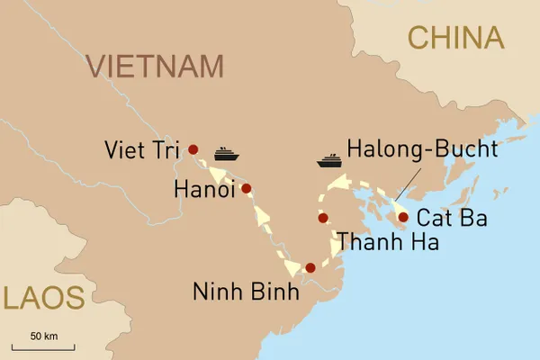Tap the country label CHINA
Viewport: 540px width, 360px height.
coord(454,37)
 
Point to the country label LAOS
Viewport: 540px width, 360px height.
coord(42,298)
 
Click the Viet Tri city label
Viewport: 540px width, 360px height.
coord(142,148)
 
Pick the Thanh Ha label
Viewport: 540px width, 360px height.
coord(388,242)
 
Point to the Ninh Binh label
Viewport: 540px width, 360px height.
coord(245,292)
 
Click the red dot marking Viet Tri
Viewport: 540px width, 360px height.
coord(193,149)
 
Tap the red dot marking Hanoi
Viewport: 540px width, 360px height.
coord(247,189)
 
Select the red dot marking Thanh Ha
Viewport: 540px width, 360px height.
coord(322,218)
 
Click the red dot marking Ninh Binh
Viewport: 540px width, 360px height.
coord(310,267)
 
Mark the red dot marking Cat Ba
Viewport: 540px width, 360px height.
coord(403,217)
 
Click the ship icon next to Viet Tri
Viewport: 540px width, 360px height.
coord(226,154)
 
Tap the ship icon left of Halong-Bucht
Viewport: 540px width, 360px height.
coord(329,161)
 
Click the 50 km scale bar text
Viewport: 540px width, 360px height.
coord(43,336)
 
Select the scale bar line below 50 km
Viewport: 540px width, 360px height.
coord(43,346)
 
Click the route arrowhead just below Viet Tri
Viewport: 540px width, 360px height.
coord(216,174)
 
